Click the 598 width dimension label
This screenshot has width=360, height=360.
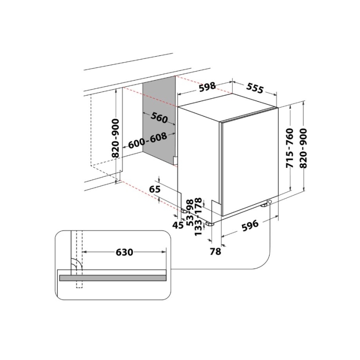click(207, 87)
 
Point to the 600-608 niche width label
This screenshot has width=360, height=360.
click(148, 140)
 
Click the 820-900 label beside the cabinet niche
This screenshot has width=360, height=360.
click(115, 138)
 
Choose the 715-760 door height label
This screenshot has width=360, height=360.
click(290, 148)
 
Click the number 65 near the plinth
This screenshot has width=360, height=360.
click(155, 189)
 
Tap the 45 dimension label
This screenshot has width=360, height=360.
click(178, 224)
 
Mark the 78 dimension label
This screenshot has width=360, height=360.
click(216, 252)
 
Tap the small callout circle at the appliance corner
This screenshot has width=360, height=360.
click(270, 202)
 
